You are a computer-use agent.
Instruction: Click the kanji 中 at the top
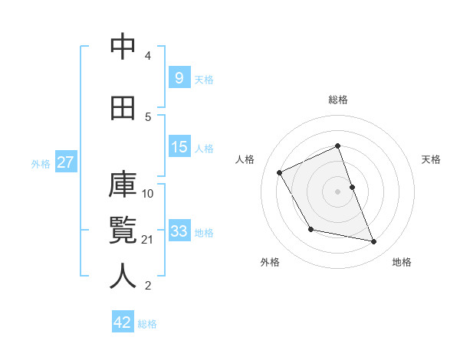tap(123, 47)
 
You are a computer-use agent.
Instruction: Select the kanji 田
tap(123, 108)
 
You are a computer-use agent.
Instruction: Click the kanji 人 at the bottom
tap(123, 277)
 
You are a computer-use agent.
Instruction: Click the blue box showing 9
tap(179, 77)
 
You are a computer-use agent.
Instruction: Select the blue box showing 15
tap(179, 146)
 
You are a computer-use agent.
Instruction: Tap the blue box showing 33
tap(179, 231)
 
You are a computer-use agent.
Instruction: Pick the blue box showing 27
tap(65, 162)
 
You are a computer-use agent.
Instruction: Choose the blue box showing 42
tap(123, 322)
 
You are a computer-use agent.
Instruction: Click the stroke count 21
tap(148, 240)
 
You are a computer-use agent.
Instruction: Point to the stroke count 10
tap(148, 193)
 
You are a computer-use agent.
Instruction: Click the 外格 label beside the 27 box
tap(41, 163)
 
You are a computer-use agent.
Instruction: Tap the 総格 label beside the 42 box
tap(147, 323)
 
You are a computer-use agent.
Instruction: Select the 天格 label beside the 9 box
tap(203, 79)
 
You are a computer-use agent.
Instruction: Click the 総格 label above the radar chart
tap(338, 100)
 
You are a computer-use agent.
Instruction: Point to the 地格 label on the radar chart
tap(402, 262)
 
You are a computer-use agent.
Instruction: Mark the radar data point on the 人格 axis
tap(280, 172)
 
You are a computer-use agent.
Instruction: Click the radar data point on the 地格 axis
tap(374, 242)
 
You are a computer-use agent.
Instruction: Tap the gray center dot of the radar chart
tap(337, 191)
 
